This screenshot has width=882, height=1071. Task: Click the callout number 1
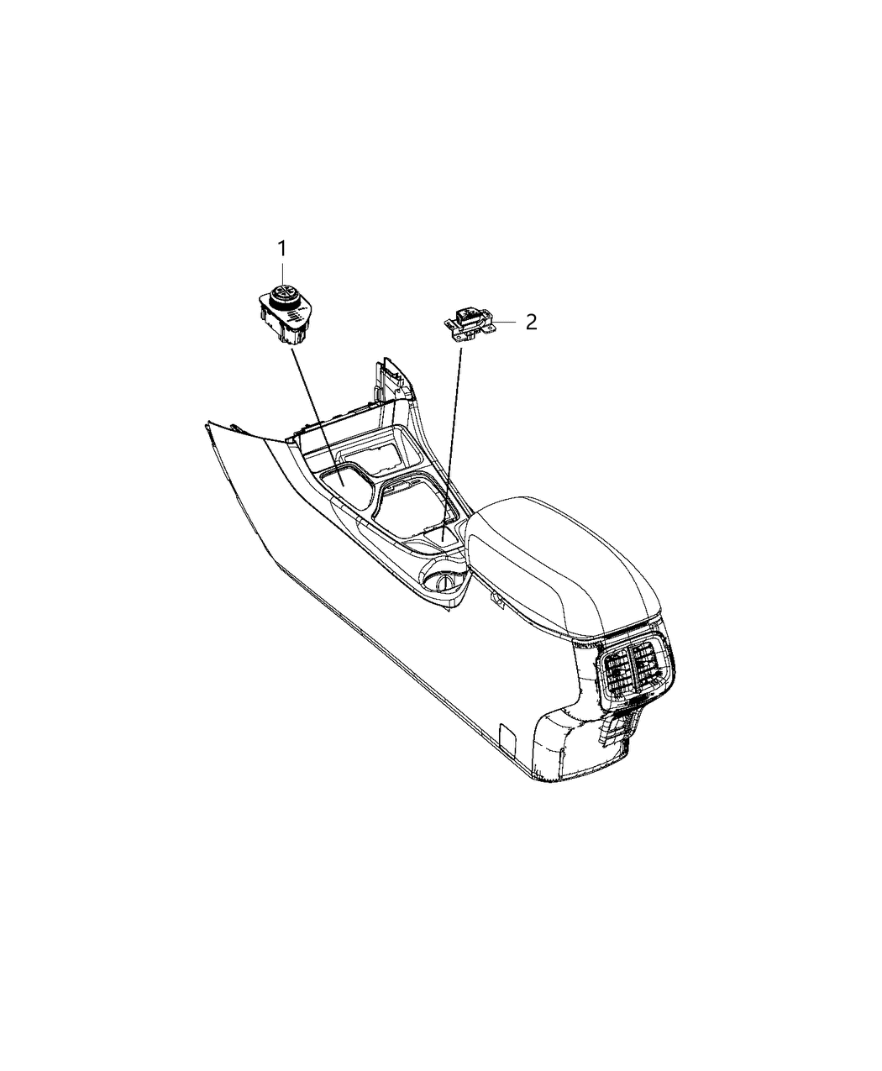point(282,248)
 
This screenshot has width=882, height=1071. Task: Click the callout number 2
point(530,322)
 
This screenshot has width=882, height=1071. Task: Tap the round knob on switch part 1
point(282,295)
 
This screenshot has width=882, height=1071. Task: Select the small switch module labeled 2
point(469,324)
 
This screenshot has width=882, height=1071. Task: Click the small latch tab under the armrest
point(497,600)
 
